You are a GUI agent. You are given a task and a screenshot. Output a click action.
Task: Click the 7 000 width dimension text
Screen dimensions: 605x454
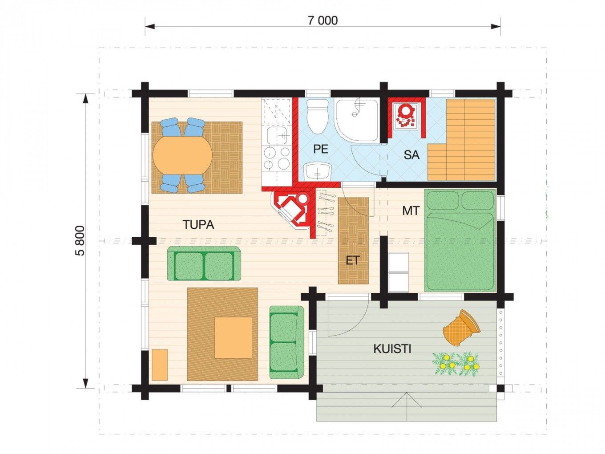click(x=322, y=20)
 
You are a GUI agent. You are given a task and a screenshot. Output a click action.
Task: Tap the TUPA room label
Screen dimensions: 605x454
click(x=198, y=225)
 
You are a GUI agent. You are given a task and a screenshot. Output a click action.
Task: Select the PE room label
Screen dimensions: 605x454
click(x=321, y=149)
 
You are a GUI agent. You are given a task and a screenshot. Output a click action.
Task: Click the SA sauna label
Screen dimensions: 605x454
click(x=411, y=155)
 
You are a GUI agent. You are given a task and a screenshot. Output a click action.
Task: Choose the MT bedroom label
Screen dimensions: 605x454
click(x=411, y=211)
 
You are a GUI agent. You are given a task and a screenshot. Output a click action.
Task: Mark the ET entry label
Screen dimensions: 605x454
click(x=353, y=260)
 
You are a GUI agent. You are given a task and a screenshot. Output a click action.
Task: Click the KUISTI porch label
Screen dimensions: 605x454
click(x=392, y=349)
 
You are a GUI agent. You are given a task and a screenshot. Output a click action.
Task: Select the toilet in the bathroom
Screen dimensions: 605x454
click(x=318, y=116)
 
